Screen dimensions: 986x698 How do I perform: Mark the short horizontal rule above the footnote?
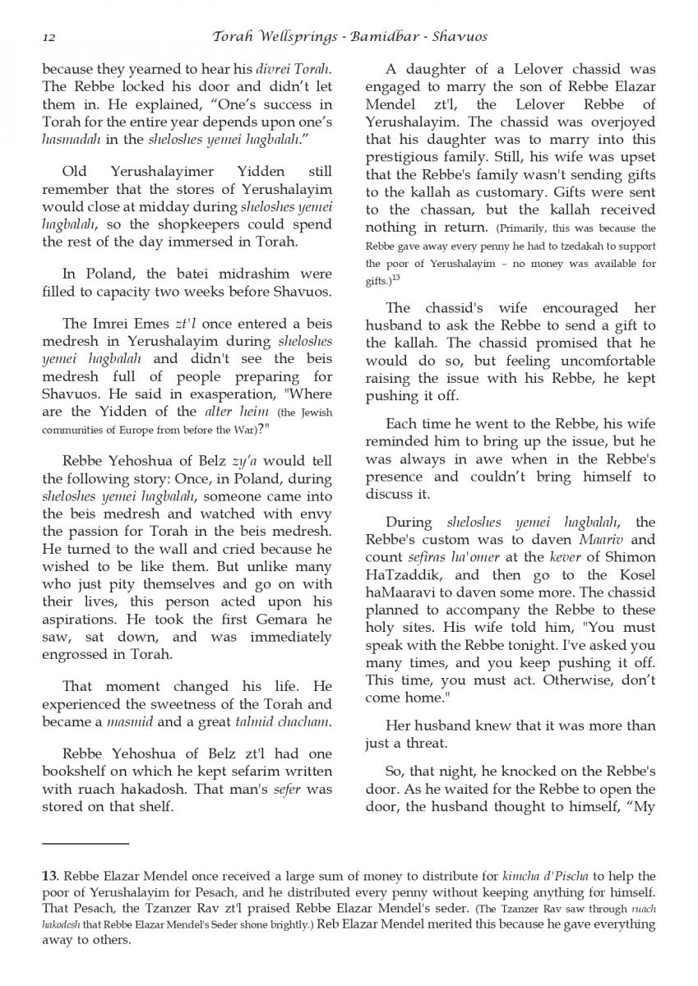86,843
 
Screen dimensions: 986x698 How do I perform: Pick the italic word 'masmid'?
126,722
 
